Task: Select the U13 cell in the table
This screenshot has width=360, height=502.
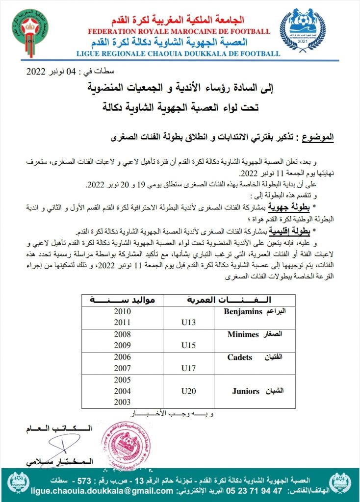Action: pos(188,322)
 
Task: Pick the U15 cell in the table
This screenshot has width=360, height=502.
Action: pos(188,345)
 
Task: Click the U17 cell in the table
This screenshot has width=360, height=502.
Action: pos(188,368)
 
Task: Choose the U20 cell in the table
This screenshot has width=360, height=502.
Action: pos(188,391)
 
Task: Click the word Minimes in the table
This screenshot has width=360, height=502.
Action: pos(243,335)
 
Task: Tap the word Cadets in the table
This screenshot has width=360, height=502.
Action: pos(240,357)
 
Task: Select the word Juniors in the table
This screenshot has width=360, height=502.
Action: pos(245,391)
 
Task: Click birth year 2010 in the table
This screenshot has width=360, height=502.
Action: pos(122,311)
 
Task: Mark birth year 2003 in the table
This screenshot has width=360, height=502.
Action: pos(122,402)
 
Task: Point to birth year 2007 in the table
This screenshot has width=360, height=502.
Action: pos(122,368)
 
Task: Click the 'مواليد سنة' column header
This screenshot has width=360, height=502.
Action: pos(122,300)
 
